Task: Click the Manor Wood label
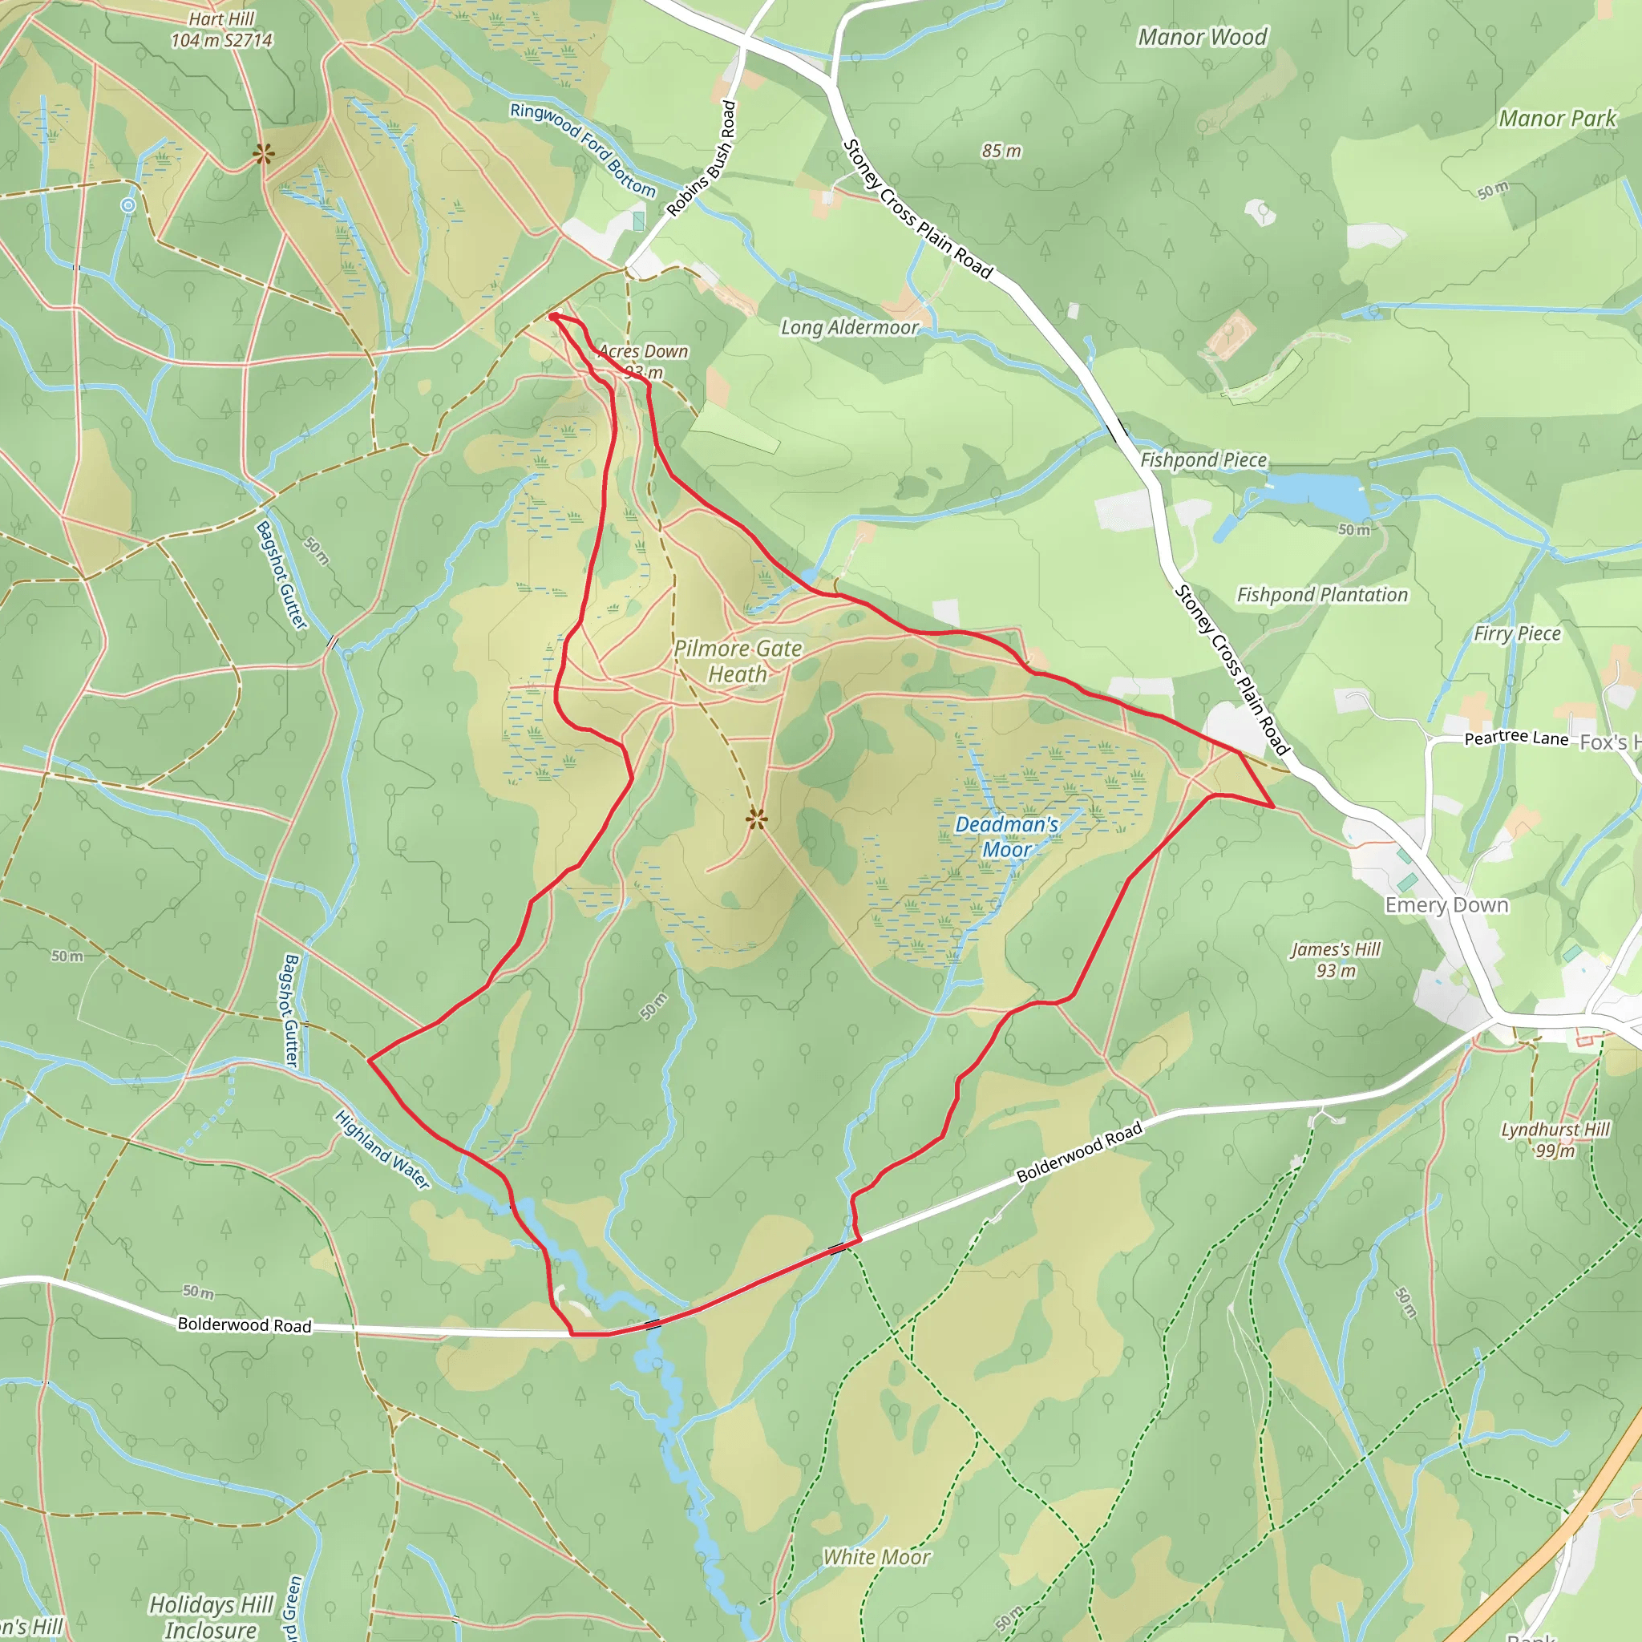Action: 1202,38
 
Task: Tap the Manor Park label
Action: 1557,119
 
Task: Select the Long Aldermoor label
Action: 849,328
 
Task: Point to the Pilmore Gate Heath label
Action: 738,661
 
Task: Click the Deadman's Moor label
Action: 1006,836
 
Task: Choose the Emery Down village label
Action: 1446,905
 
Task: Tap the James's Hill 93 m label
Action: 1335,960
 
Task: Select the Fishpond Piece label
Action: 1203,459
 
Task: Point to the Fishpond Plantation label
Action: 1321,595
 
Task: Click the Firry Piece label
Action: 1517,633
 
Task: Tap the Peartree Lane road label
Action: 1515,738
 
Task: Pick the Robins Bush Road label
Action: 702,159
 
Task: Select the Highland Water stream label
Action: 382,1149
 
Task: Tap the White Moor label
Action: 876,1557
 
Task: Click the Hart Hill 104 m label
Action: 221,30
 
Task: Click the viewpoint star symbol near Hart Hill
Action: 265,154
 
